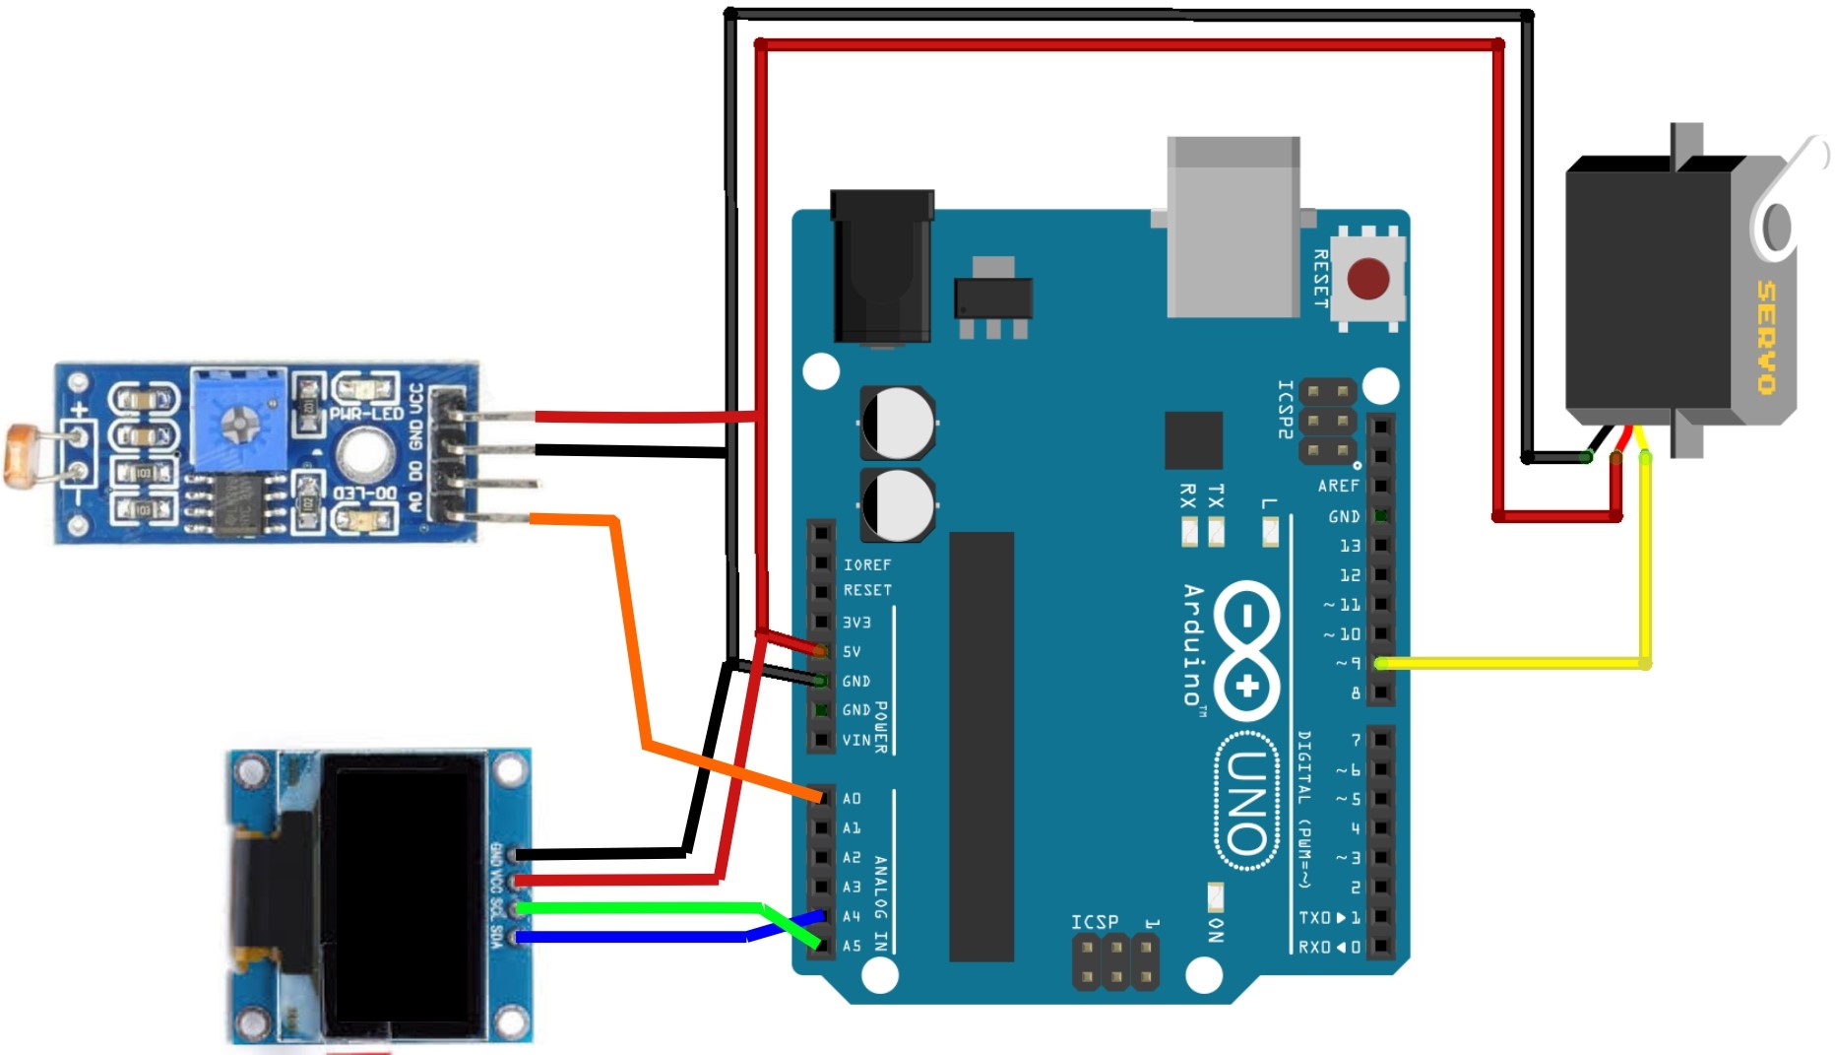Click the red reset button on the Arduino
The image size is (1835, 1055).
pyautogui.click(x=1367, y=279)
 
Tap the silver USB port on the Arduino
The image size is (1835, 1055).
pyautogui.click(x=1234, y=228)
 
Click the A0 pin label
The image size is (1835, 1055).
pyautogui.click(x=852, y=798)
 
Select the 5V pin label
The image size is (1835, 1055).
pyautogui.click(x=852, y=651)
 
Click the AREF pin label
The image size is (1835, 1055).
pyautogui.click(x=1338, y=486)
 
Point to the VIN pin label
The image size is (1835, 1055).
pyautogui.click(x=855, y=740)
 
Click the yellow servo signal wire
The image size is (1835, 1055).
pyautogui.click(x=1644, y=571)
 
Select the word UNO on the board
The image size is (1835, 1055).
pyautogui.click(x=1246, y=802)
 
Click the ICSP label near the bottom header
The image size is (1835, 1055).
pyautogui.click(x=1095, y=921)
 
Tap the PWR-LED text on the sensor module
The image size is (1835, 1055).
pyautogui.click(x=366, y=414)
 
